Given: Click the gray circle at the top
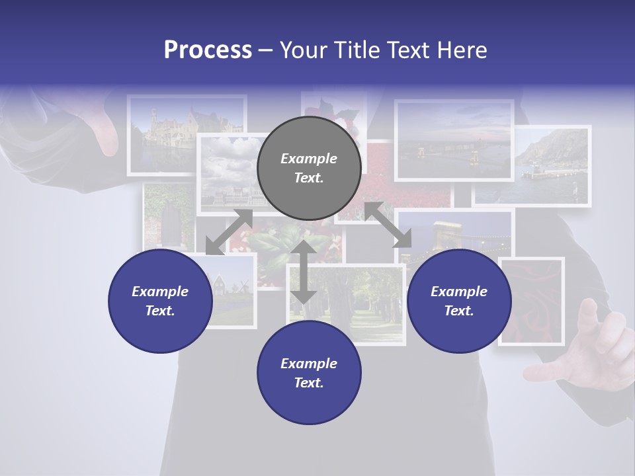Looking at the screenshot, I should click(x=309, y=168).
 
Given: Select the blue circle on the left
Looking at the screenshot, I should click(x=160, y=301).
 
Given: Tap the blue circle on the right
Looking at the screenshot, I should click(x=459, y=301).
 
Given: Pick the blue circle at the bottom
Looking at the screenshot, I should click(x=309, y=373).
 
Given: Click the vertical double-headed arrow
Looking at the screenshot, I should click(x=304, y=272).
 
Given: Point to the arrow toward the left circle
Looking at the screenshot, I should click(x=229, y=232).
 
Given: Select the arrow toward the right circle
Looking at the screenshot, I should click(x=388, y=225).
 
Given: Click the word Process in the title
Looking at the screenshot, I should click(x=208, y=50).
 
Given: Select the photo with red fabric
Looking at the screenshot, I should click(x=531, y=301).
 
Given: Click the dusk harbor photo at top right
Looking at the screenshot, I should click(x=454, y=140).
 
